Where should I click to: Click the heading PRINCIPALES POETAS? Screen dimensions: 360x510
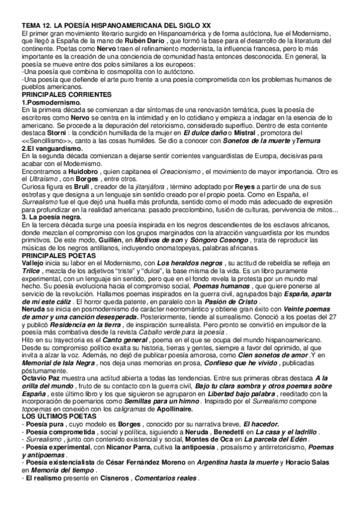(x=56, y=272)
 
